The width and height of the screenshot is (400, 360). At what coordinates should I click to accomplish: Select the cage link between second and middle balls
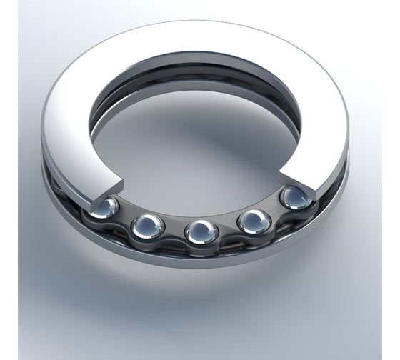[174, 233]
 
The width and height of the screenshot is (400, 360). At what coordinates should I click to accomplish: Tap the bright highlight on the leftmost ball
[109, 204]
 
